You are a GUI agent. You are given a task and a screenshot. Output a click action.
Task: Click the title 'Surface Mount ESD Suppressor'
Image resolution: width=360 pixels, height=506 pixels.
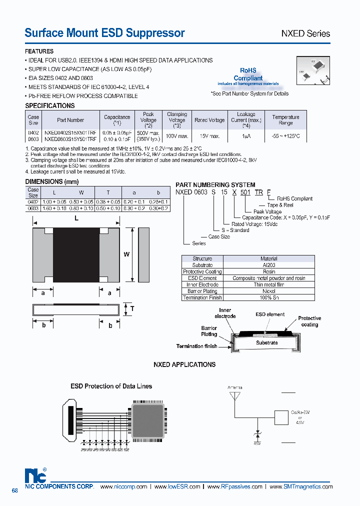104,33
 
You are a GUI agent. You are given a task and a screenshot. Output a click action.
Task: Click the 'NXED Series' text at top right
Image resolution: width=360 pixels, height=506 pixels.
305,33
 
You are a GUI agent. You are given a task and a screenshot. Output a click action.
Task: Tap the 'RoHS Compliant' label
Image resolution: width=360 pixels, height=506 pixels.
248,74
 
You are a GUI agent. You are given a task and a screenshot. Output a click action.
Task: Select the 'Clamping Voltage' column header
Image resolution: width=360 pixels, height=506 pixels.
176,120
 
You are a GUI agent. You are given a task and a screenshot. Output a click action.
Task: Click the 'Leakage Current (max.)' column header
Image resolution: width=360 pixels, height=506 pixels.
245,120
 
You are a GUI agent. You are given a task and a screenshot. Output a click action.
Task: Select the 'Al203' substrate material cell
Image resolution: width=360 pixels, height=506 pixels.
269,265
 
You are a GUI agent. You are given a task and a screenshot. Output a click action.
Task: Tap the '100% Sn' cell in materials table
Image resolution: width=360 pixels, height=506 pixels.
269,297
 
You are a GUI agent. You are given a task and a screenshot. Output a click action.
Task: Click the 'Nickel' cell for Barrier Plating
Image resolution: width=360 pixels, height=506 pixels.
269,291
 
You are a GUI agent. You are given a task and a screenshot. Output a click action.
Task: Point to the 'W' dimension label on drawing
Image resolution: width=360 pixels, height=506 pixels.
126,254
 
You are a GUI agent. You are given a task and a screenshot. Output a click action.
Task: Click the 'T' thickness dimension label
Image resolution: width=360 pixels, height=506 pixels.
132,308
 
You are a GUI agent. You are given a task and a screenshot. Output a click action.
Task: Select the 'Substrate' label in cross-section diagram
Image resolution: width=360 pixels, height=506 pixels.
266,342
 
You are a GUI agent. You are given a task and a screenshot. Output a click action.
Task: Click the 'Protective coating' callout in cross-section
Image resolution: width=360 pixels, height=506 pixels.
309,321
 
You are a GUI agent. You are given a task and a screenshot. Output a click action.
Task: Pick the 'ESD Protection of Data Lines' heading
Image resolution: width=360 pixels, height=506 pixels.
111,386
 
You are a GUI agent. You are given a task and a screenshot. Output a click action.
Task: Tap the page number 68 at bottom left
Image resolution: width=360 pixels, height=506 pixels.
14,490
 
